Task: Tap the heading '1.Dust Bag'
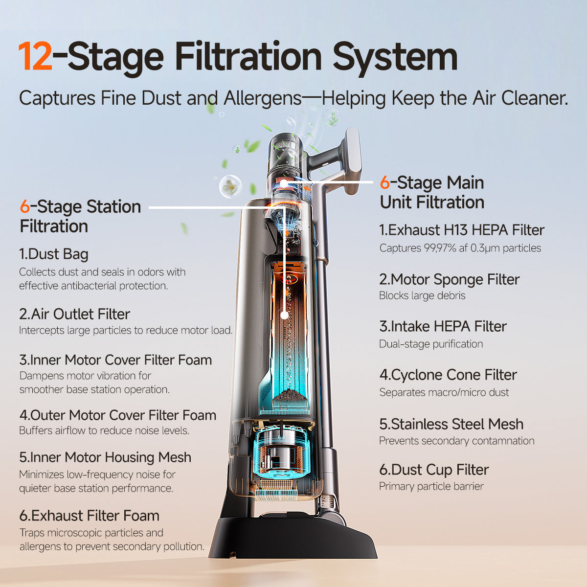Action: point(54,254)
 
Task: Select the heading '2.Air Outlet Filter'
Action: point(75,314)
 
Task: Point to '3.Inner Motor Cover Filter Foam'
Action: point(116,360)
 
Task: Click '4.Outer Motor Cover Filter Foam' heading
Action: point(118,415)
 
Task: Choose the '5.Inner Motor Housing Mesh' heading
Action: point(105,457)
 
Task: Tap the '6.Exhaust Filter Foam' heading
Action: point(89,516)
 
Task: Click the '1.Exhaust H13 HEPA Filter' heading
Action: point(462,230)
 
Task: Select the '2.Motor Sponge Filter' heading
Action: point(450,279)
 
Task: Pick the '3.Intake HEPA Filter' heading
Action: point(443,326)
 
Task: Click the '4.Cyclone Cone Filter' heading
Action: point(448,375)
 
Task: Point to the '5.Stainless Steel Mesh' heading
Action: point(452,424)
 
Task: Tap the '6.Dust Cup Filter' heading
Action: point(434,470)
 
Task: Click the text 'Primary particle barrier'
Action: point(431,486)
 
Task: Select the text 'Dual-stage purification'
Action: point(431,344)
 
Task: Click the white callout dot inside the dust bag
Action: point(285,316)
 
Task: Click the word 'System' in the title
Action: point(395,57)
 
